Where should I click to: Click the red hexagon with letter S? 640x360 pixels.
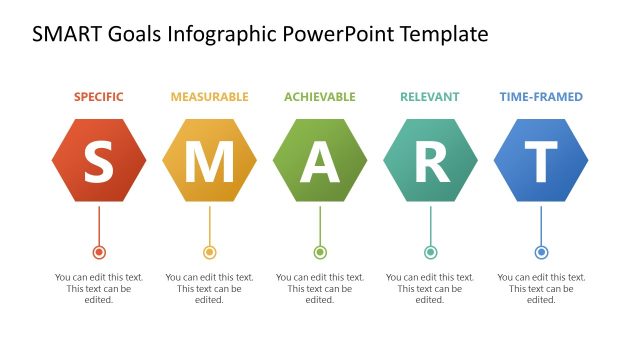tap(99, 160)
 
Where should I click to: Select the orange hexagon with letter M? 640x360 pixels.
tap(209, 160)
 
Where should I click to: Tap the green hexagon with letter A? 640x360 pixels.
tap(320, 160)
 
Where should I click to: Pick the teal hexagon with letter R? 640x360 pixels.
tap(430, 160)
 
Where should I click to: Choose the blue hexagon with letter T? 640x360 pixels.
tap(541, 160)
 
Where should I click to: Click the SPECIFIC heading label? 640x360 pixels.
tap(99, 97)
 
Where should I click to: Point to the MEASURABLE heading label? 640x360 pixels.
tap(209, 97)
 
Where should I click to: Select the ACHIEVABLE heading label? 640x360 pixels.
tap(320, 97)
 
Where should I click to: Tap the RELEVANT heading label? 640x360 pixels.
tap(430, 97)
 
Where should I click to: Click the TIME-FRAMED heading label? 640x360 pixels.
tap(541, 97)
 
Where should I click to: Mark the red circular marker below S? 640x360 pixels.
tap(99, 252)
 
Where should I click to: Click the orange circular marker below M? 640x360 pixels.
tap(209, 252)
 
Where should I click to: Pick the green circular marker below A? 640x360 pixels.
tap(320, 252)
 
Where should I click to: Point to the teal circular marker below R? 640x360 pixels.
tap(430, 252)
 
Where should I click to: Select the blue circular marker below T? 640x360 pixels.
tap(541, 252)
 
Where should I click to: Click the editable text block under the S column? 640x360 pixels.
tap(99, 288)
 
